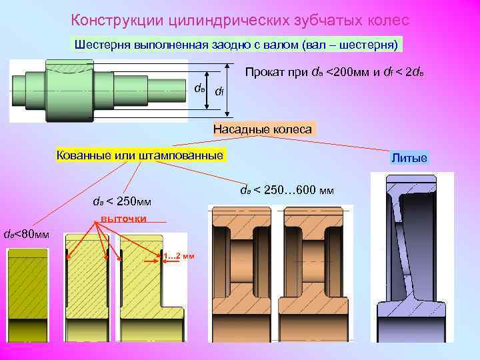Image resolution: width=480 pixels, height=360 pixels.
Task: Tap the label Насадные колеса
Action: pyautogui.click(x=262, y=129)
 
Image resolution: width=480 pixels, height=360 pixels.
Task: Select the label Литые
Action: pyautogui.click(x=409, y=158)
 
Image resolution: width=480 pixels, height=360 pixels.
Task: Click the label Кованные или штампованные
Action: pyautogui.click(x=140, y=155)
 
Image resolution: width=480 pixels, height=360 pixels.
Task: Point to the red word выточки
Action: pyautogui.click(x=123, y=219)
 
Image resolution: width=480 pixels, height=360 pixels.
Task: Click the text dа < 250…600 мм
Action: pyautogui.click(x=287, y=190)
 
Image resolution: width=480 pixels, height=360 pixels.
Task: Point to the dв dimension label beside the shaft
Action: pyautogui.click(x=199, y=88)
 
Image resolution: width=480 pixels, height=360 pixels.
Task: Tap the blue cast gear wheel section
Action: pyautogui.click(x=410, y=257)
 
